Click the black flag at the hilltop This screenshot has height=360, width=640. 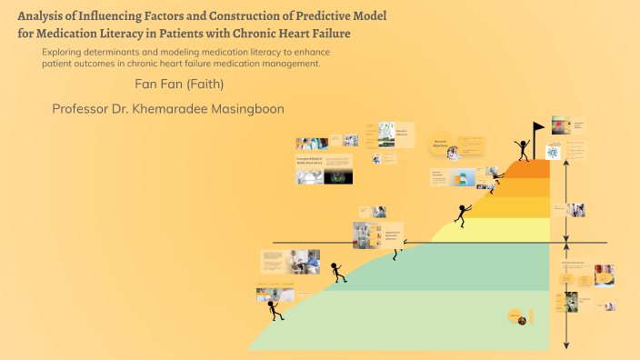539,128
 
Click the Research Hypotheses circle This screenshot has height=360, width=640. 440,143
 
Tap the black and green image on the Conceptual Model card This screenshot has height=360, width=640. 336,176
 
